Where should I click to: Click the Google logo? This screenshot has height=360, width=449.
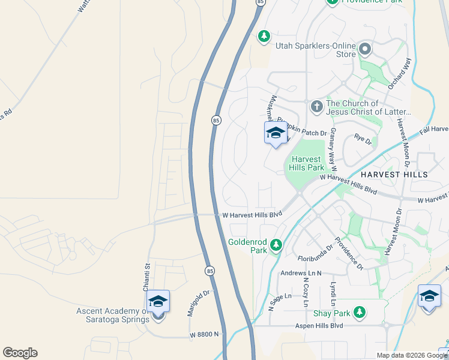point(20,353)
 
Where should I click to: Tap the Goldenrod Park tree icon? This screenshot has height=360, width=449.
point(276,245)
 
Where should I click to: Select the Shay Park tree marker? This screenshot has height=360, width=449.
point(360,312)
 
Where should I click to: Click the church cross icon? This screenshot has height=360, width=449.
point(316,107)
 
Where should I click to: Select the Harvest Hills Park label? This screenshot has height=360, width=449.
point(308,163)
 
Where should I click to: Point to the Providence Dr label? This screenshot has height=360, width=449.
point(349,253)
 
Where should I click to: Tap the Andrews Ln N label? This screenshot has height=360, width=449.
point(301,273)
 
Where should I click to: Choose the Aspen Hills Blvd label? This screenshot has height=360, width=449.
point(318,325)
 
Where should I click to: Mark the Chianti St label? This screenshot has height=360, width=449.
point(146,277)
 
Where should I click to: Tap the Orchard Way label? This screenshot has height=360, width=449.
point(400,74)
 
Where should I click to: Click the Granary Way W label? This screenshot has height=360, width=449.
point(333,150)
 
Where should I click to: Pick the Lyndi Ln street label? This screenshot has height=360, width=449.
point(332,293)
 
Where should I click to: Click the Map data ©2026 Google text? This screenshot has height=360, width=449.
point(412,355)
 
